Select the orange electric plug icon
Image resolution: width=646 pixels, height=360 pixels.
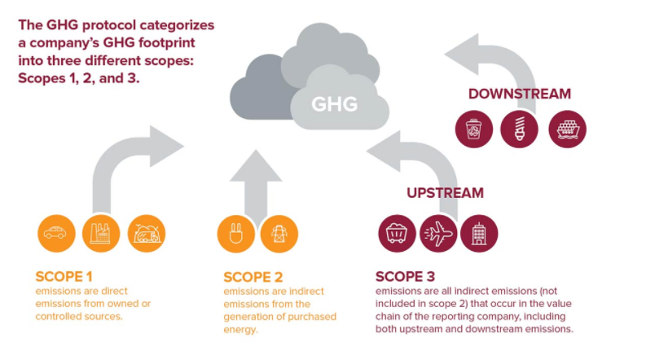235,234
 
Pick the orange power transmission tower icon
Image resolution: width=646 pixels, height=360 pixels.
279,234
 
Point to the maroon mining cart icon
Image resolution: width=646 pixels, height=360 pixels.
397,234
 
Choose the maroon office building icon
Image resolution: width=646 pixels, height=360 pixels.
479,234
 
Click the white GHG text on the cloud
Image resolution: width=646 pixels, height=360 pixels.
334,103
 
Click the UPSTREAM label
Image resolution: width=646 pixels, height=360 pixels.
445,193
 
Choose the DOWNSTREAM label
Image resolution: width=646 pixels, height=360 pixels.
519,94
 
